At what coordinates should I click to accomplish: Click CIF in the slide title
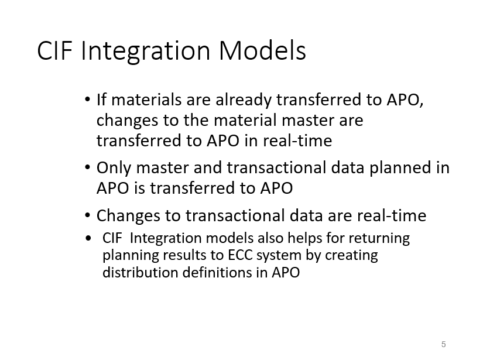[x=56, y=52]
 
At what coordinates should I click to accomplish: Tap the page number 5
[x=444, y=344]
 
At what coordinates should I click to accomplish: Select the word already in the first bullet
[x=245, y=100]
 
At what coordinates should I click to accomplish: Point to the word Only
[x=114, y=168]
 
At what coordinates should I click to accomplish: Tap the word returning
[x=381, y=239]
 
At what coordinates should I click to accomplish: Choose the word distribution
[x=136, y=273]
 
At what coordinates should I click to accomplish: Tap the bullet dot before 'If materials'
[x=87, y=101]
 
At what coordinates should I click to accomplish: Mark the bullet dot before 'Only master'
[x=87, y=169]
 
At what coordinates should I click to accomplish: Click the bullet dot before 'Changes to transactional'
[x=87, y=217]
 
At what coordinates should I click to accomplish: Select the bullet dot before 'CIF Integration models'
[x=88, y=239]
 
